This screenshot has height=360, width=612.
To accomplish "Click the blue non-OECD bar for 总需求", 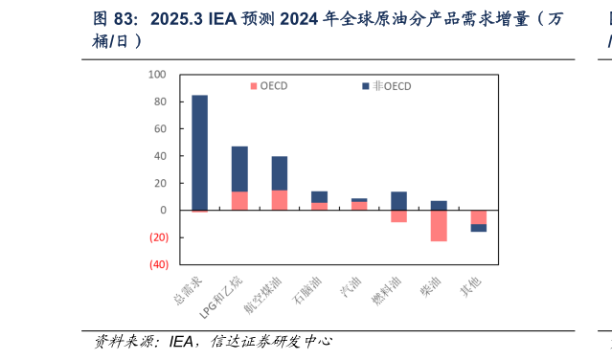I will click(199, 151).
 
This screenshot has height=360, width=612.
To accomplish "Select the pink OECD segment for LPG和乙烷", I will click(239, 200).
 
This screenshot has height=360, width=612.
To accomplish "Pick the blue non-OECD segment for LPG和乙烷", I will click(239, 169).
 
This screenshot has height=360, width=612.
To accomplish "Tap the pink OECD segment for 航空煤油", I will click(280, 200).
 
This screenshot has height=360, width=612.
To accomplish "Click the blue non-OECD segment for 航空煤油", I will click(280, 173).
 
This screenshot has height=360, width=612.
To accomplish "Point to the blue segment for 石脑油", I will click(319, 196).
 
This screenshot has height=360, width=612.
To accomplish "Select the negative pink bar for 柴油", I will click(439, 226).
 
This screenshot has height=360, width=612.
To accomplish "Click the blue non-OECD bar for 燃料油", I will click(398, 200).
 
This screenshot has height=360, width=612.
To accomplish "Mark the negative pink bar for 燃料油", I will click(398, 216).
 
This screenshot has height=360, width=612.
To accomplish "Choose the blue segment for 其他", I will click(478, 228).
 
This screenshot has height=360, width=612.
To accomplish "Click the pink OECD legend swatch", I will click(253, 86).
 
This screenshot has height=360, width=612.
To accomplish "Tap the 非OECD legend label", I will click(391, 86).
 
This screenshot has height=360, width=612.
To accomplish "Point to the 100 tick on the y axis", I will click(159, 74).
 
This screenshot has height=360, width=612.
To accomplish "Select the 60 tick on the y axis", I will click(161, 128).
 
